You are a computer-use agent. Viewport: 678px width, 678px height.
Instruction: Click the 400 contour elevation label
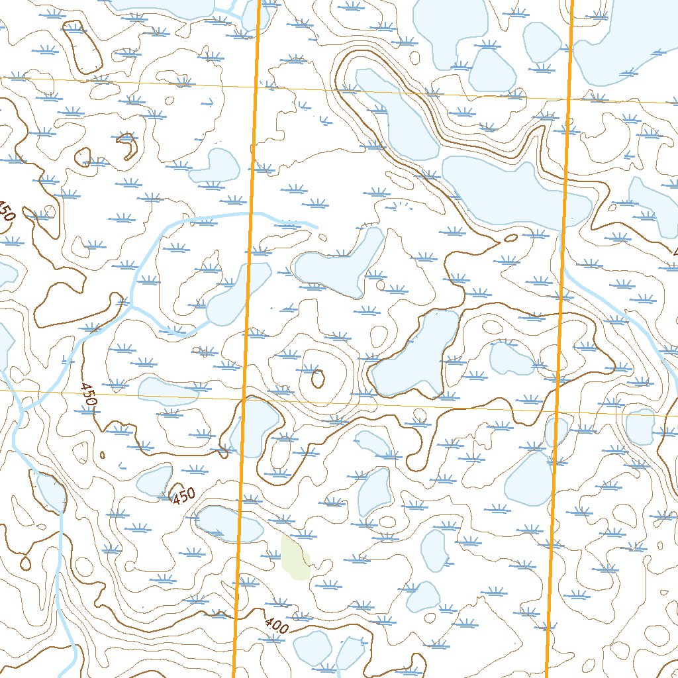(276, 625)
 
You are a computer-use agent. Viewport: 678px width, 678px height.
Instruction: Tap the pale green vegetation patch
(295, 557)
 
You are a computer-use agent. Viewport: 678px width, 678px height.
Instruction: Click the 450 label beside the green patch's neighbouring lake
(183, 495)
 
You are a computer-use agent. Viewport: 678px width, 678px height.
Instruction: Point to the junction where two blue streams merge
(131, 307)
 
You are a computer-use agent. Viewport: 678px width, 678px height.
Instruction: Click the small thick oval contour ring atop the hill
(317, 379)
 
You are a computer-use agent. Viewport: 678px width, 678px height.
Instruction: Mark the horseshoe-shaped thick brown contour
(125, 146)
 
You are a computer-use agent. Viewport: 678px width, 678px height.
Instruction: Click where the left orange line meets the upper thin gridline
(255, 85)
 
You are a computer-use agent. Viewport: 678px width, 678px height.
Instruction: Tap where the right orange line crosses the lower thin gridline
(556, 411)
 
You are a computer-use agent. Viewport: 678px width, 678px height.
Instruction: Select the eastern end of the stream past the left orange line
(316, 227)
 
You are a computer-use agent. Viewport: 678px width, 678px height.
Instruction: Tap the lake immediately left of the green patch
(228, 523)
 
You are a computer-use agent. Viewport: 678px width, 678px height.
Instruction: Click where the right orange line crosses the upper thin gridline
(568, 99)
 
